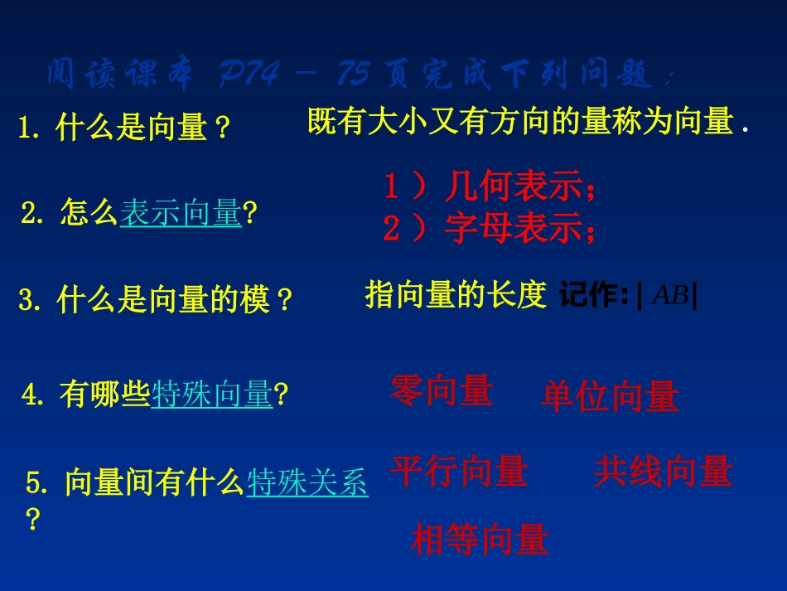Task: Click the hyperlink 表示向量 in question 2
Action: (x=181, y=214)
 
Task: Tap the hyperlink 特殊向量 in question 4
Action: (x=212, y=395)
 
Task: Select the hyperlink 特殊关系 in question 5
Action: (x=307, y=482)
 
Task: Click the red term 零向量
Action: (x=442, y=391)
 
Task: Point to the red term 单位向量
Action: (x=610, y=397)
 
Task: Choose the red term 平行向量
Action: (x=459, y=472)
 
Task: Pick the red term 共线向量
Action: (x=663, y=472)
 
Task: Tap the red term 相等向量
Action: (x=480, y=540)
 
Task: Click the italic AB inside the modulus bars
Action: (x=670, y=296)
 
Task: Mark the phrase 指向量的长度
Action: (x=456, y=294)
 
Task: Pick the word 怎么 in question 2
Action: (x=89, y=214)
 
